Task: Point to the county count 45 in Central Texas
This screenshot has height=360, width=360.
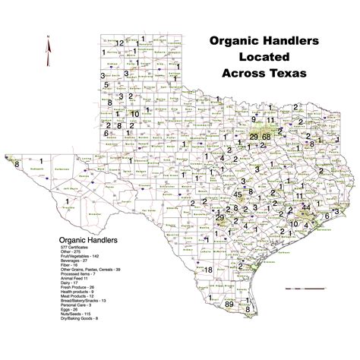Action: pos(238,194)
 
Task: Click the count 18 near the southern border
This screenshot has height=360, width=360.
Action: pos(208,270)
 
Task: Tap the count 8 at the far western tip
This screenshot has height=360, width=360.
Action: pos(15,161)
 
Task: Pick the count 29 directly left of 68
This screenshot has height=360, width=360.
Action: pos(254,135)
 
